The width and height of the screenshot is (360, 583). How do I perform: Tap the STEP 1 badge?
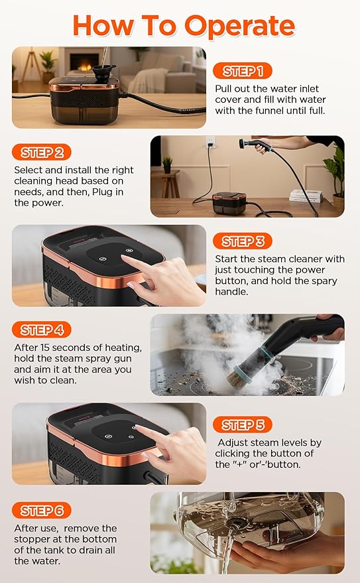click(242, 71)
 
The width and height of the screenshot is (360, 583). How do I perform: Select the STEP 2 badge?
click(42, 153)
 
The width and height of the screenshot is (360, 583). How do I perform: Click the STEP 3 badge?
click(243, 241)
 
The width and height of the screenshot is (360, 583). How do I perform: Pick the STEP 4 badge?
click(42, 330)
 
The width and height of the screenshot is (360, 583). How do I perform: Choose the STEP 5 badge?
click(243, 424)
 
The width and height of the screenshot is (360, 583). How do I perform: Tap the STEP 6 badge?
click(42, 511)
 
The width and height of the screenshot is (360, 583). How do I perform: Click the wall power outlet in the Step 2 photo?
click(211, 143)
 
